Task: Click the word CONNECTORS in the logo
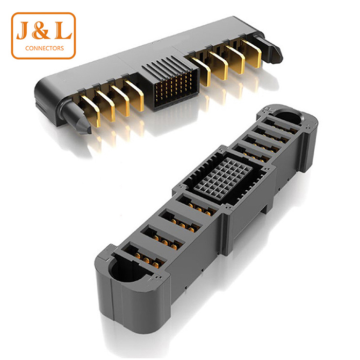click(x=45, y=48)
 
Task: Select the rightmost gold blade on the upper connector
click(x=251, y=53)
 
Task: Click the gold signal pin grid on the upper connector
click(x=174, y=88)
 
